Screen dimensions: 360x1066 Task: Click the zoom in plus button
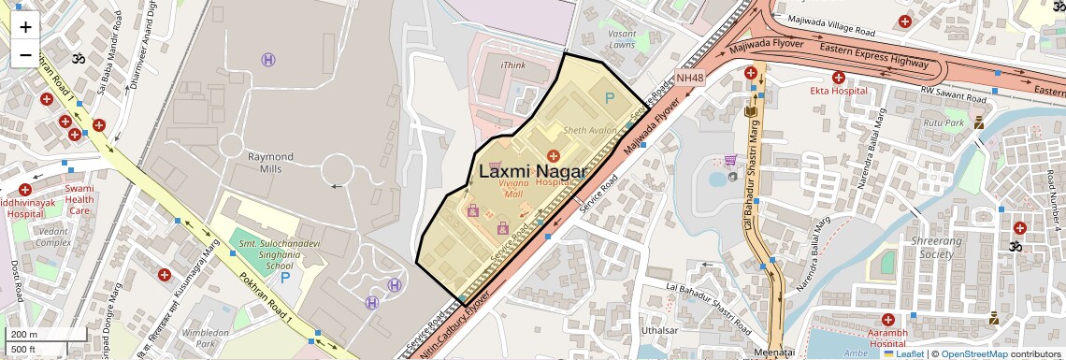click(x=25, y=26)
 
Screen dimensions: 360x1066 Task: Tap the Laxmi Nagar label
click(x=532, y=171)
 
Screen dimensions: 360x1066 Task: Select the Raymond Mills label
click(x=269, y=163)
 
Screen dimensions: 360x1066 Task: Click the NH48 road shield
click(x=689, y=78)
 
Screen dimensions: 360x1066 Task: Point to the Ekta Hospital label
click(x=838, y=91)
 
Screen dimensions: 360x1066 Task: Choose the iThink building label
click(x=513, y=65)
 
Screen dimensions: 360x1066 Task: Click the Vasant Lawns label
click(x=622, y=38)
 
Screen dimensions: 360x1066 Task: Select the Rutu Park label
click(x=943, y=122)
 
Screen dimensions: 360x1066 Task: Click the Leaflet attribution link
click(x=903, y=353)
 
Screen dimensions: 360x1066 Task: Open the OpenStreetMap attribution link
click(x=973, y=353)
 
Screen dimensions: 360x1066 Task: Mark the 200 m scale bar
click(x=25, y=334)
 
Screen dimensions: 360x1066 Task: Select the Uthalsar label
click(x=660, y=330)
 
